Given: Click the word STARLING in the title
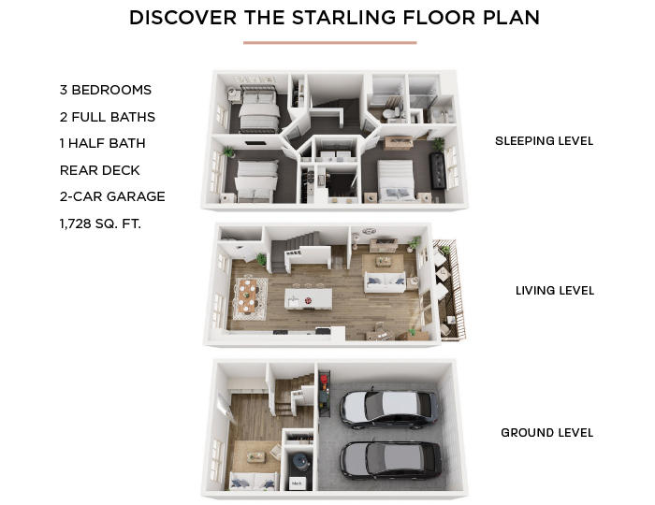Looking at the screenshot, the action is point(343,18).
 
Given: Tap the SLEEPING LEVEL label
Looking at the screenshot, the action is point(544,141).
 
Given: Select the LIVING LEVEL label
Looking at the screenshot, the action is point(555,291).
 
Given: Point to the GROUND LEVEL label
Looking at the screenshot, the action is point(546,433).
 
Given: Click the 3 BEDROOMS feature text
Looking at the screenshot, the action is point(106,90).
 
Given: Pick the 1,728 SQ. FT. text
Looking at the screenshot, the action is point(100,224).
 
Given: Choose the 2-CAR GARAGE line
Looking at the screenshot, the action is point(112,196).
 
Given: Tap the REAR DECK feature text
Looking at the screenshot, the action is point(100,170).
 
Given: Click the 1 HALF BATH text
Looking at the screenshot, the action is point(103,144).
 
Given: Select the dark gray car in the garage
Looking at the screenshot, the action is point(391,461).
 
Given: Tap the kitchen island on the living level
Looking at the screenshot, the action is point(309,299).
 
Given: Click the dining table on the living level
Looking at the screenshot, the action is point(248,296).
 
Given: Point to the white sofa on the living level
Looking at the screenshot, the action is point(386,281).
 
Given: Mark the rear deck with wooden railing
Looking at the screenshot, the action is point(449,290).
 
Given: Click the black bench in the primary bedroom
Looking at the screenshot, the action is point(437,171).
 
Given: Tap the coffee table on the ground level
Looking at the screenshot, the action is point(255,457).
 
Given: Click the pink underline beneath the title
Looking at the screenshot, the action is point(330,42).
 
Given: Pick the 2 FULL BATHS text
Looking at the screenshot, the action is point(108,117).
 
